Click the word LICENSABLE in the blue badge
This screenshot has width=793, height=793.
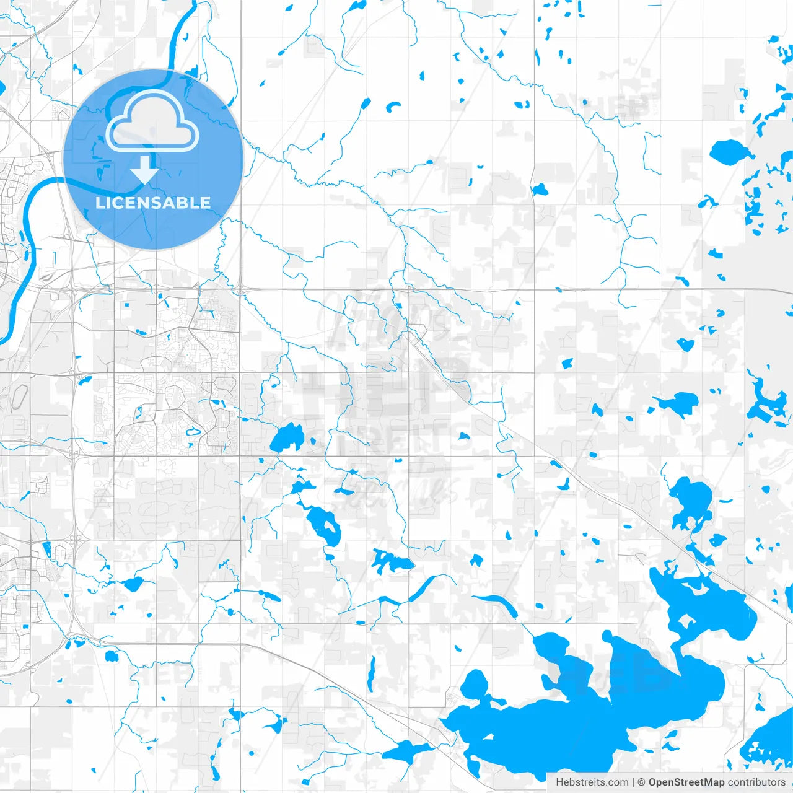coord(153,203)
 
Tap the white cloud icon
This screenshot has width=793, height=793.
coord(152,121)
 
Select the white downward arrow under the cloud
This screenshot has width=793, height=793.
coord(144,170)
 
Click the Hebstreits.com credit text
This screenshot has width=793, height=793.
coord(592,782)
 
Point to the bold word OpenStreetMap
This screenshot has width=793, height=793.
coord(686,782)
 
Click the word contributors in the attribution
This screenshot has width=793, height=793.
coord(756,782)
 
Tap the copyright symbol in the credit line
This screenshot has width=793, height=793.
coord(642,782)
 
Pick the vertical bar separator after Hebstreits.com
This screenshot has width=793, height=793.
coord(633,782)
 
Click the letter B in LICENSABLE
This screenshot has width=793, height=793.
coord(180,203)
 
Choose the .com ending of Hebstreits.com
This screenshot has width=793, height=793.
coord(618,782)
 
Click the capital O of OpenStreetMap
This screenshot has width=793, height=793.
coord(653,782)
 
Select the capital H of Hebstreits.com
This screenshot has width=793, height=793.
coord(559,782)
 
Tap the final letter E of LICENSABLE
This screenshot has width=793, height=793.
coord(204,203)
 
